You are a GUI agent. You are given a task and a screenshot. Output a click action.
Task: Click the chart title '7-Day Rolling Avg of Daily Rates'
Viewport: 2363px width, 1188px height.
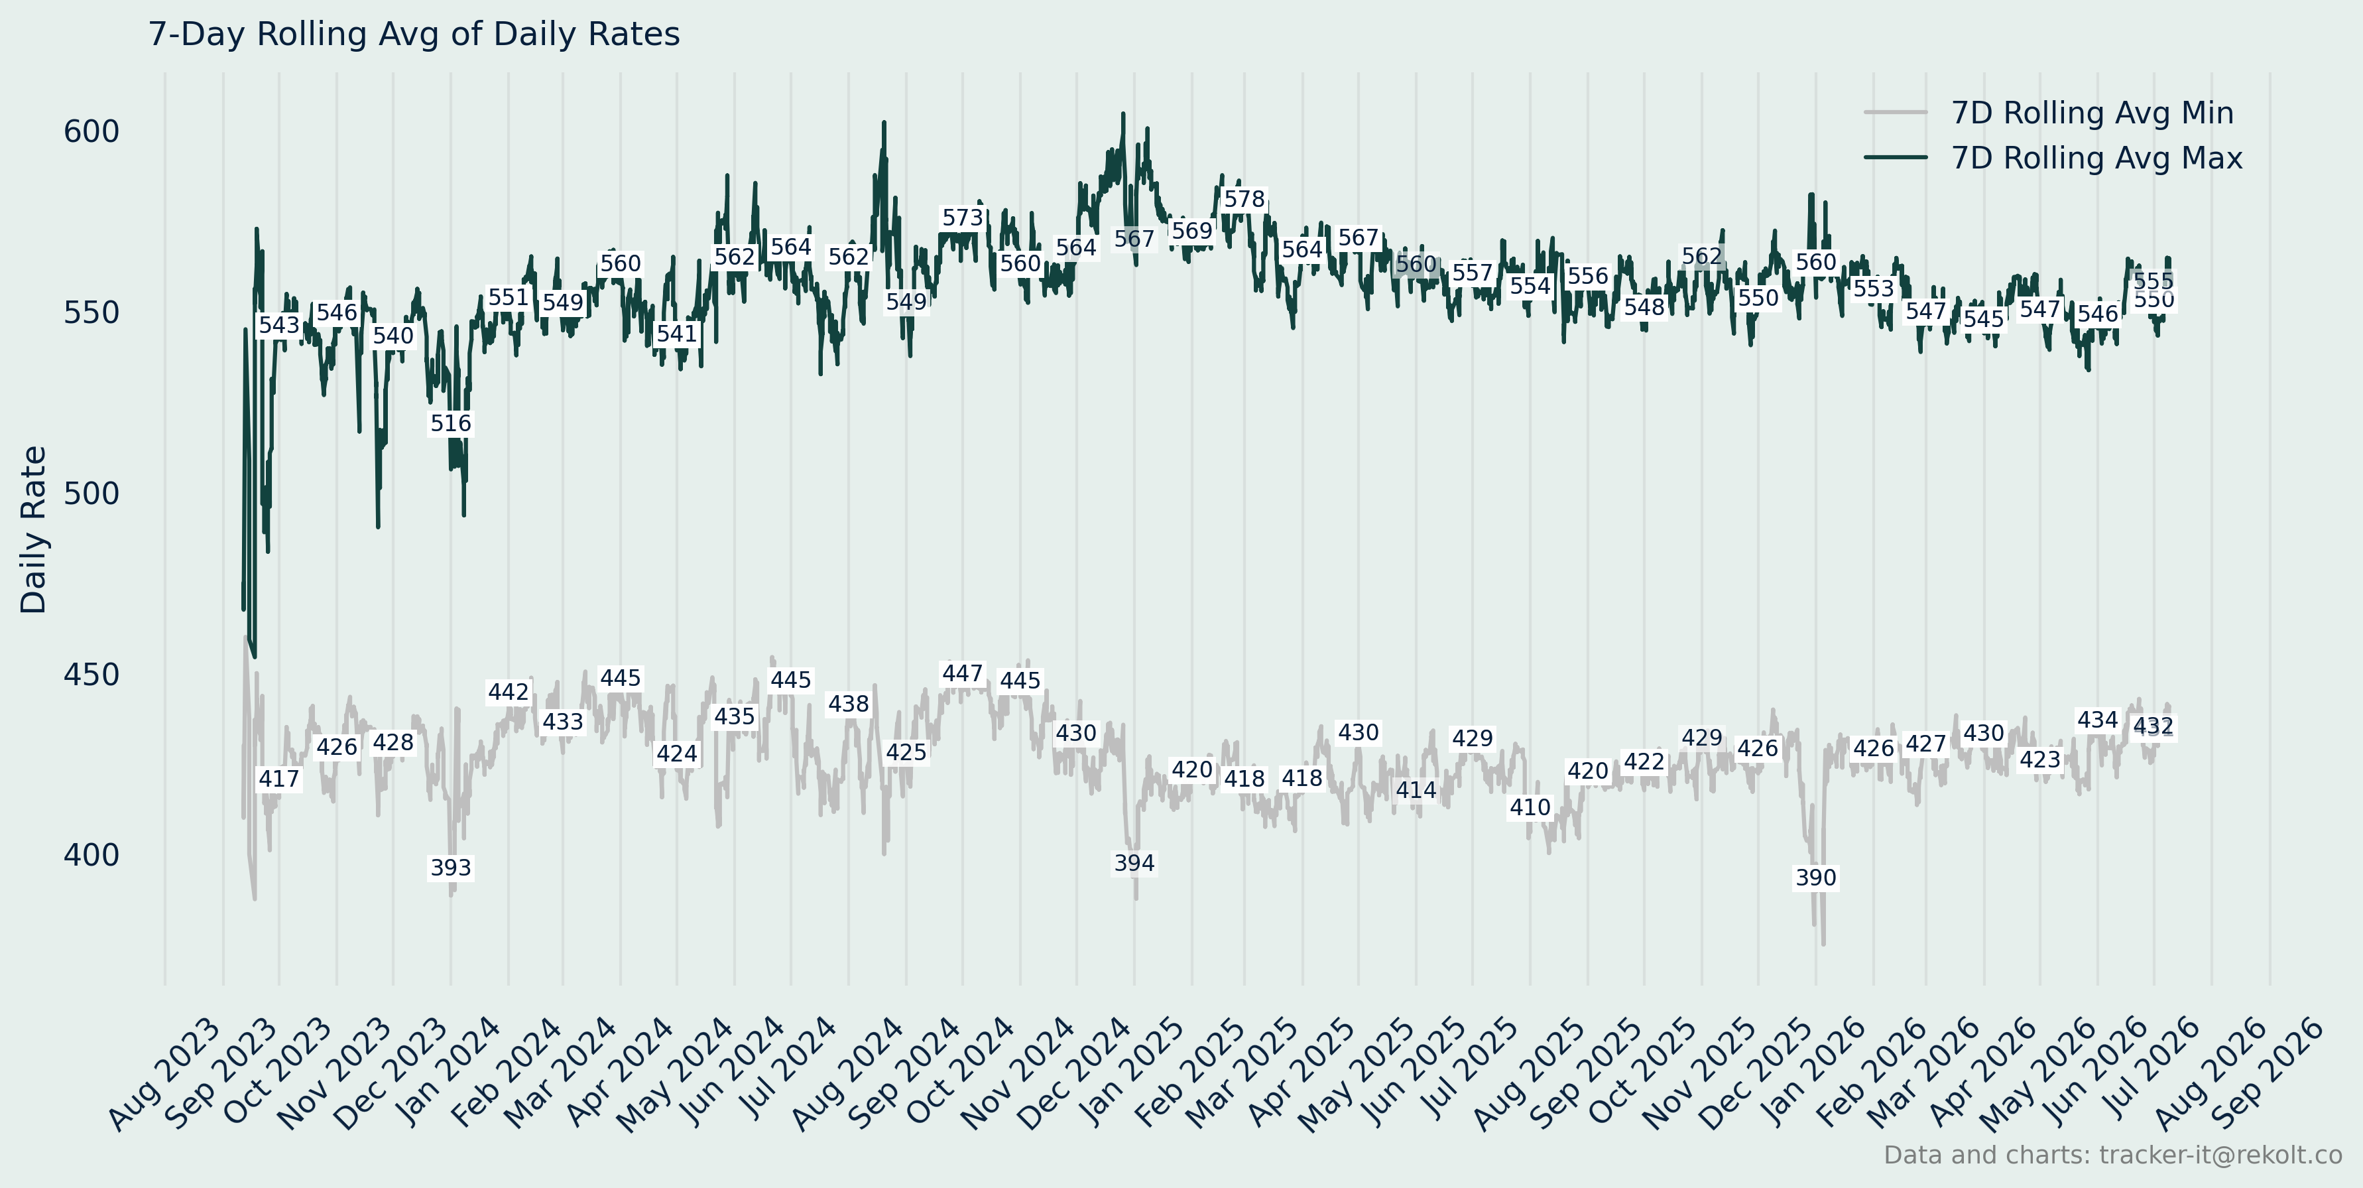[414, 34]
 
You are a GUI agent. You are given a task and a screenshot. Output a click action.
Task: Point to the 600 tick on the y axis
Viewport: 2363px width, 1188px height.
[91, 132]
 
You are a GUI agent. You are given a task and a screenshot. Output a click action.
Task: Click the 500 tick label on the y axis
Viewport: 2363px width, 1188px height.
[91, 494]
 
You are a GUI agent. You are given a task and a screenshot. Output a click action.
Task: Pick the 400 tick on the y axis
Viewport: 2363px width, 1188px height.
[91, 855]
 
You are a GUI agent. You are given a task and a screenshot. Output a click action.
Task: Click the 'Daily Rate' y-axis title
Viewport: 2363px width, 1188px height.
[34, 529]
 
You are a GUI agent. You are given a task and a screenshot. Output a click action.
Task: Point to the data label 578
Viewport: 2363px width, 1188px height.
[1244, 199]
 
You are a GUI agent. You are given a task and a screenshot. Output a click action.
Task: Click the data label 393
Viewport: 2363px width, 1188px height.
[450, 868]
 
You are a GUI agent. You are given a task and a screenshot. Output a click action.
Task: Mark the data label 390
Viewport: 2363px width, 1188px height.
[1815, 878]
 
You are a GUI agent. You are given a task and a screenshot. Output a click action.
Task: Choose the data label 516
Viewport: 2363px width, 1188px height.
[450, 423]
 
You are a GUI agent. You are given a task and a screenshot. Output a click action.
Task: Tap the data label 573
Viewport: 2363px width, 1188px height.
[962, 218]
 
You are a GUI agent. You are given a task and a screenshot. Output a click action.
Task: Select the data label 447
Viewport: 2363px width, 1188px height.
[962, 673]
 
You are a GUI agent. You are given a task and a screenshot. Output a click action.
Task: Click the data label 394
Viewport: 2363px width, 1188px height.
[1134, 863]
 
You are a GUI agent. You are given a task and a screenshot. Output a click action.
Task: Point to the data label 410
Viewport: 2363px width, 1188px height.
[1530, 807]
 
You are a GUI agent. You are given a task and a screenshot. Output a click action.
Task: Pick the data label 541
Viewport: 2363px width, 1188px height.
[677, 334]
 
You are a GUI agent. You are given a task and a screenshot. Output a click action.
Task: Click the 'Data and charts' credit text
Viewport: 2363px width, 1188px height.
[2112, 1155]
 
